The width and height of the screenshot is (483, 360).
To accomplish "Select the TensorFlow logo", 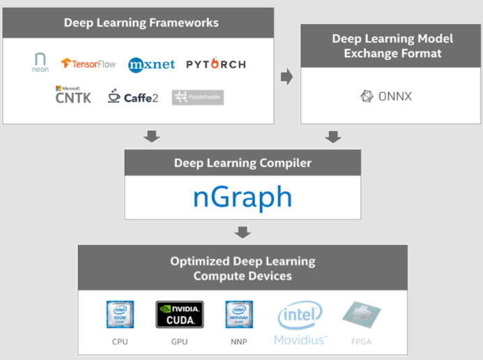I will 88,63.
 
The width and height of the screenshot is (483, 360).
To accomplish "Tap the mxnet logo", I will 151,65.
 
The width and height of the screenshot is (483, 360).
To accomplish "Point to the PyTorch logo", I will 215,64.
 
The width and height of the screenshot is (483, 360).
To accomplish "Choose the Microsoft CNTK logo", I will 73,95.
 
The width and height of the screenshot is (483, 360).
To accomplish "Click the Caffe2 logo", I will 132,97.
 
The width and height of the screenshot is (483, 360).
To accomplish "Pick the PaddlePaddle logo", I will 198,97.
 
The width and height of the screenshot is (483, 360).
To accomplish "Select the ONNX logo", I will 385,96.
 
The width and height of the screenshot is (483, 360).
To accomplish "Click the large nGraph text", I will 242,197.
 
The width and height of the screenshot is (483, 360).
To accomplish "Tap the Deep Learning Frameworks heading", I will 141,22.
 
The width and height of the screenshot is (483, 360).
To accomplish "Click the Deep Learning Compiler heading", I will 243,163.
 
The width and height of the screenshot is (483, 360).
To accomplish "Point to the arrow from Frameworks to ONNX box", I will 286,77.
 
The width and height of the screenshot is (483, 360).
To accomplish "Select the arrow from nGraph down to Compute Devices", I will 242,232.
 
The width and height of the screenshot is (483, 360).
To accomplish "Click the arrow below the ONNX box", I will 333,137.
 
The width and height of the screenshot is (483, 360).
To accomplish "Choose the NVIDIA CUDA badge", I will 179,315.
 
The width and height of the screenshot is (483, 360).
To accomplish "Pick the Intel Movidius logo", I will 300,323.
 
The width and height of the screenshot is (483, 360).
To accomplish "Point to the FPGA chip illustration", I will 361,316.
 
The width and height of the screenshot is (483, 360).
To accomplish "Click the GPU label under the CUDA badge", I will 179,342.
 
